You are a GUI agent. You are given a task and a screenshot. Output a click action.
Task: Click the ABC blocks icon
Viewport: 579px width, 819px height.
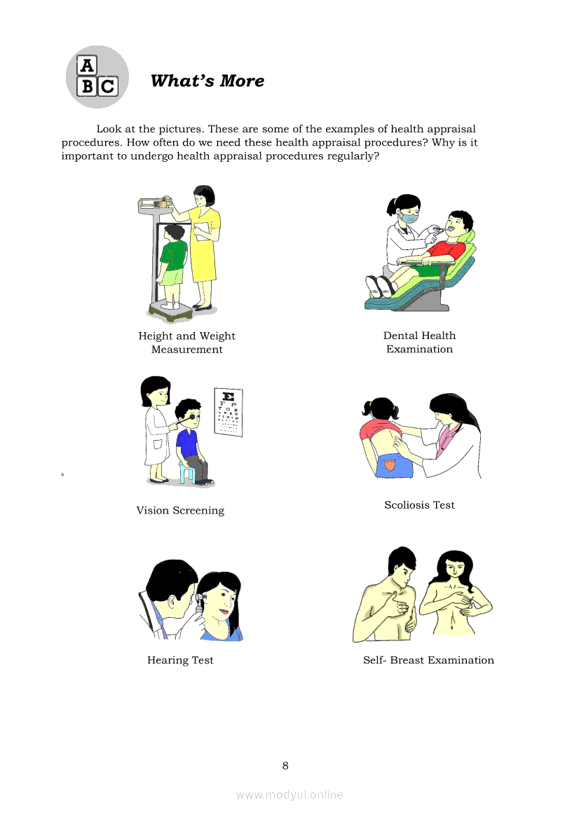(x=97, y=77)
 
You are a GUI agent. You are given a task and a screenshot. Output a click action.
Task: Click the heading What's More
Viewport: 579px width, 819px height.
(x=207, y=81)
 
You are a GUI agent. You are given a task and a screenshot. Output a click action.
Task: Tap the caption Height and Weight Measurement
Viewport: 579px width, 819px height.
(x=187, y=343)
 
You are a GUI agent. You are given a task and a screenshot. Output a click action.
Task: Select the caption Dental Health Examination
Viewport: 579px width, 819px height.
(x=420, y=342)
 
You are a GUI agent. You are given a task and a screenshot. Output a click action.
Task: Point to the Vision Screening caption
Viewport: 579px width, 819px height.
(x=180, y=510)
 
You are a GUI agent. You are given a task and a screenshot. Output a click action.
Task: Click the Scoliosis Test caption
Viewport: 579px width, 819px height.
(x=420, y=505)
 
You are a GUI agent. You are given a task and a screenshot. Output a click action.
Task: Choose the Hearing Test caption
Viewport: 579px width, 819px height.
(x=180, y=660)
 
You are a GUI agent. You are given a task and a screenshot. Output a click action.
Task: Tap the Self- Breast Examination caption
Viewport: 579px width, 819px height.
(x=428, y=660)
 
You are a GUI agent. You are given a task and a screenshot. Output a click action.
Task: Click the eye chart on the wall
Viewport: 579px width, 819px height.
(x=229, y=412)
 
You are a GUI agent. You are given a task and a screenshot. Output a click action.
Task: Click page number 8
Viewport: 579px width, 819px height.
(x=285, y=766)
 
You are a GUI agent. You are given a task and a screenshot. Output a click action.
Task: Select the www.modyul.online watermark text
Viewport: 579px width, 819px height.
(x=289, y=795)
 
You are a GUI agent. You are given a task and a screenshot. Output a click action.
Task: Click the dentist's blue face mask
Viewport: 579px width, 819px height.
(x=409, y=217)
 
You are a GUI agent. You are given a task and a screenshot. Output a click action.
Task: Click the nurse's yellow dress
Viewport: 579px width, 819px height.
(x=204, y=245)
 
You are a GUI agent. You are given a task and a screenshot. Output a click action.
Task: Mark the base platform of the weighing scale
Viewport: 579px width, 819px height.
(x=170, y=312)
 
